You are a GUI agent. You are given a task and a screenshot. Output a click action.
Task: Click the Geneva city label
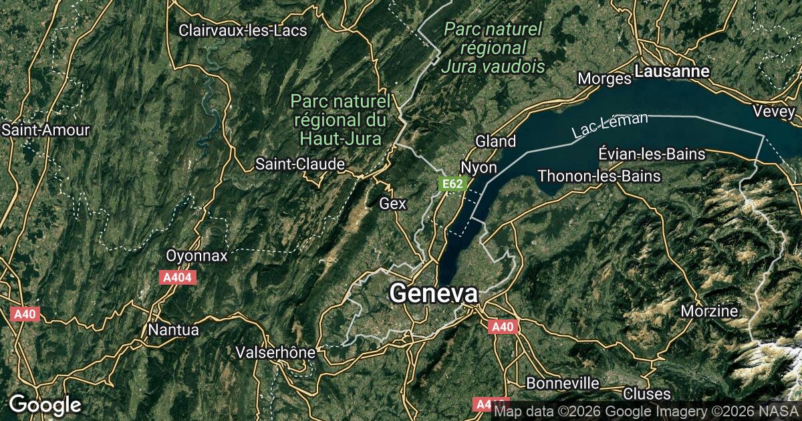click(434, 294)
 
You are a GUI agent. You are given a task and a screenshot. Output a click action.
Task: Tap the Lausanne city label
click(672, 70)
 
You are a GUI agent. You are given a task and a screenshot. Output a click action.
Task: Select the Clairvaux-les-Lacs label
click(243, 30)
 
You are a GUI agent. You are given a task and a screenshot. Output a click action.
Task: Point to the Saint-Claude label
click(301, 164)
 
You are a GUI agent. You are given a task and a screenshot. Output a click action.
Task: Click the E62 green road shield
click(452, 182)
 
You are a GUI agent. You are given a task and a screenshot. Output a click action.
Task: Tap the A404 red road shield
click(178, 277)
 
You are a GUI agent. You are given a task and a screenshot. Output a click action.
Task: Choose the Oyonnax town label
click(196, 256)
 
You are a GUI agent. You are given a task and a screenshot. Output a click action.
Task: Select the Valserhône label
click(275, 352)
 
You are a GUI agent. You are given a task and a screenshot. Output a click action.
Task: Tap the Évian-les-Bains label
click(652, 154)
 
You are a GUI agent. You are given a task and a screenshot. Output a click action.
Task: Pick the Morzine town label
click(709, 311)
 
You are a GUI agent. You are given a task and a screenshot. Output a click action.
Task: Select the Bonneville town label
click(563, 383)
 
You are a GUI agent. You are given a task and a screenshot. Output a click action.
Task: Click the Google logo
click(45, 404)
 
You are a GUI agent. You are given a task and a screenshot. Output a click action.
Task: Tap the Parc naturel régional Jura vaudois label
click(493, 47)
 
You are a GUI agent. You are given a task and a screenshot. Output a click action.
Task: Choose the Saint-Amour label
click(45, 130)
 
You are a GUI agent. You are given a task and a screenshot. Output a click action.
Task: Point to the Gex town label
click(392, 203)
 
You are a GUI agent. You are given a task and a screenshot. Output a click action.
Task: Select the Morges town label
click(604, 79)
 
